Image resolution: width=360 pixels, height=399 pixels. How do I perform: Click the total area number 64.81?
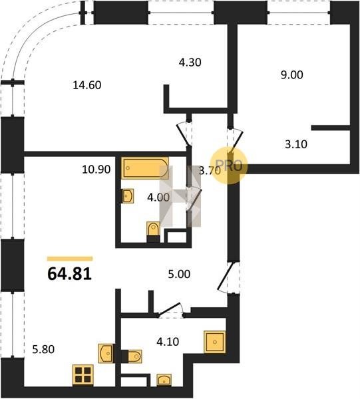click(69, 274)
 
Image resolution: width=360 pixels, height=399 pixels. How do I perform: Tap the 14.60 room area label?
click(87, 85)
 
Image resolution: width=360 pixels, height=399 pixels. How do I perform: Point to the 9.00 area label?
click(291, 74)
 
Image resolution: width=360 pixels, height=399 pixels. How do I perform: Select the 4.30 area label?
click(190, 63)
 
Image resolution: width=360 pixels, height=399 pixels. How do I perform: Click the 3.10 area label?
click(296, 144)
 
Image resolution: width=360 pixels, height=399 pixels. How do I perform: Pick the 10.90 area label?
click(96, 170)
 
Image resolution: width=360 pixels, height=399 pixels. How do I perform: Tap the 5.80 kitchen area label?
click(43, 349)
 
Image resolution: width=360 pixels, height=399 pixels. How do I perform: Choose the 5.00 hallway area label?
click(179, 274)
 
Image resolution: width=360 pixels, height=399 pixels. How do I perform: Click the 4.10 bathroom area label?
click(168, 342)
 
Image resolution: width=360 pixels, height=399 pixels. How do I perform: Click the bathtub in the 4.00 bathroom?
click(145, 168)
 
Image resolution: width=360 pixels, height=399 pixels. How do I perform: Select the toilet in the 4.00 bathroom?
click(153, 232)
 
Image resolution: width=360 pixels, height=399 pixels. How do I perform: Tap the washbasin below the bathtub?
click(128, 196)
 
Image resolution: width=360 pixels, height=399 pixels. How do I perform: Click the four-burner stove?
click(83, 375)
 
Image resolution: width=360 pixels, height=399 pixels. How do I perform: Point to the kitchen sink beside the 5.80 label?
click(105, 353)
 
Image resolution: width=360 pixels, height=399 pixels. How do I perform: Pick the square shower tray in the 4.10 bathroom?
click(215, 342)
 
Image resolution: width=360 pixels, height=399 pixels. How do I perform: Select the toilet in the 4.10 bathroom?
click(132, 356)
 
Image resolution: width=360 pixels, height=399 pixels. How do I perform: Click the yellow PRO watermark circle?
click(229, 166)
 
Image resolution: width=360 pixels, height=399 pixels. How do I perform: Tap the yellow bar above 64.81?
click(70, 259)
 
